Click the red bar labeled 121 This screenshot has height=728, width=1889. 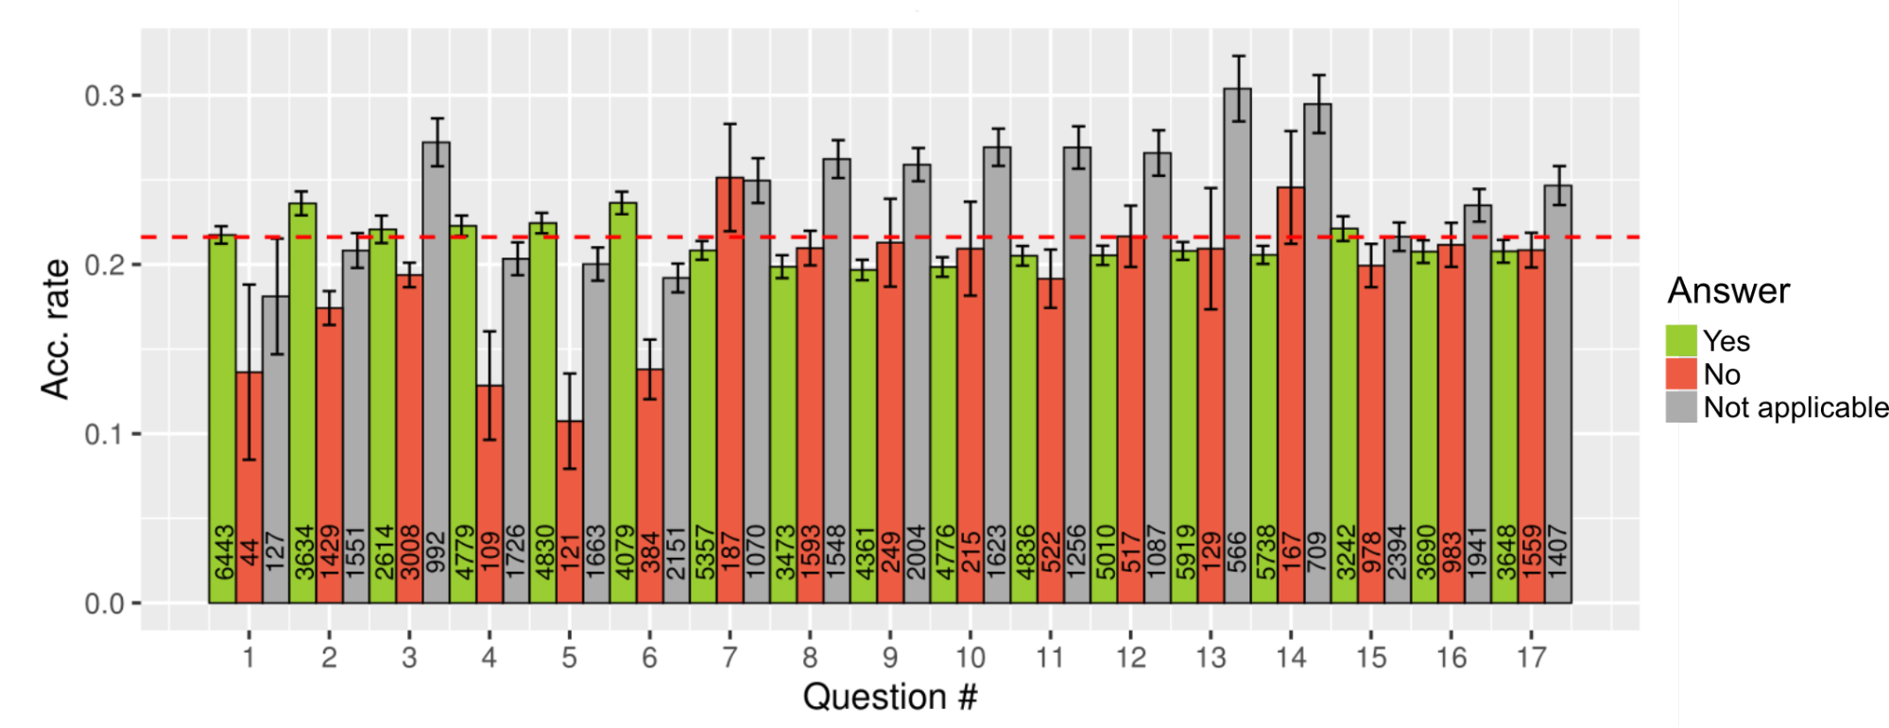pyautogui.click(x=570, y=511)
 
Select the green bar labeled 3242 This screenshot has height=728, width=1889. pyautogui.click(x=1344, y=416)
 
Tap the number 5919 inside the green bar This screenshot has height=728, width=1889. pyautogui.click(x=1184, y=552)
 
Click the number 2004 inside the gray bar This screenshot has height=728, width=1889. pyautogui.click(x=917, y=552)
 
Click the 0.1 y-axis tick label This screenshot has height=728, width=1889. pyautogui.click(x=104, y=434)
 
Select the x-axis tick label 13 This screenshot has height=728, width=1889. pyautogui.click(x=1211, y=657)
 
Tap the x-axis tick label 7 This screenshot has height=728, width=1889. pyautogui.click(x=730, y=657)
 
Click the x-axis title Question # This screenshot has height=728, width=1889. pyautogui.click(x=889, y=697)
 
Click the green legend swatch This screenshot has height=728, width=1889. pyautogui.click(x=1681, y=340)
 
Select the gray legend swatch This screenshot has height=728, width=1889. pyautogui.click(x=1681, y=407)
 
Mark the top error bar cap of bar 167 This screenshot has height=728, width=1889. pyautogui.click(x=1291, y=131)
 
